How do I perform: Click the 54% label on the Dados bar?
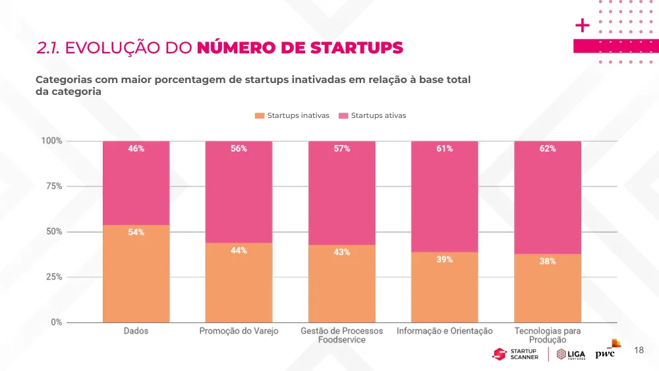[136, 232]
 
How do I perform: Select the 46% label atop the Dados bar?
[136, 148]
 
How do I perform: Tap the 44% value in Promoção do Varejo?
[239, 250]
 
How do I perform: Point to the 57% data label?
[341, 148]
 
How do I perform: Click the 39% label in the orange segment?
[444, 259]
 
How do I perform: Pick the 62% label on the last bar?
[547, 148]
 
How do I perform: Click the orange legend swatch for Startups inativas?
[259, 115]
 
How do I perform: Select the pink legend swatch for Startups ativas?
[343, 115]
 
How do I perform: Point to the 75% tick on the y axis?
[54, 186]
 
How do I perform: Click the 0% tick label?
[56, 322]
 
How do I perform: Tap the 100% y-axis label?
[51, 141]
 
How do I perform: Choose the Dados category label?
[136, 331]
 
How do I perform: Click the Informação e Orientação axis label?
[444, 331]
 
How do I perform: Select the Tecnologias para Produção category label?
[547, 335]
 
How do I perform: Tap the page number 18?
[639, 350]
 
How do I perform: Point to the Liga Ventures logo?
[571, 355]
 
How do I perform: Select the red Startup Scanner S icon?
[500, 354]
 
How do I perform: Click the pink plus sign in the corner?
[582, 26]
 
